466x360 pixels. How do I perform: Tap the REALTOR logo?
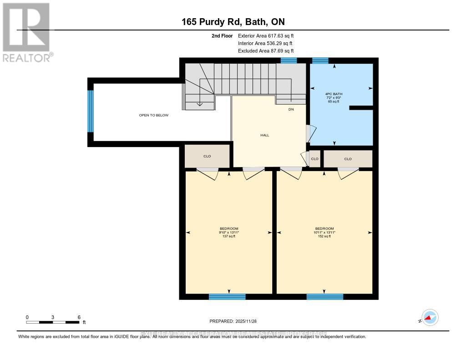click(27, 32)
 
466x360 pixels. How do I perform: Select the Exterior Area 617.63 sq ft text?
click(266, 35)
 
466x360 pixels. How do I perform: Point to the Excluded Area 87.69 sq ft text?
click(266, 51)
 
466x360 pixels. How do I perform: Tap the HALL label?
click(265, 135)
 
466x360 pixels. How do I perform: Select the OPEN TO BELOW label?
click(154, 115)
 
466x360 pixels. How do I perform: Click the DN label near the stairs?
click(291, 109)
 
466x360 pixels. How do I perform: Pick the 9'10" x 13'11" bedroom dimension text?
click(229, 232)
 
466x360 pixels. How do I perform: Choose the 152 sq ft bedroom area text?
click(324, 236)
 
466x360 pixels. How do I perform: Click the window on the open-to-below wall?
click(91, 111)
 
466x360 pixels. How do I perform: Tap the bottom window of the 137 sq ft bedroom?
click(227, 297)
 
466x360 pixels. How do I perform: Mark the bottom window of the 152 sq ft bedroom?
click(324, 297)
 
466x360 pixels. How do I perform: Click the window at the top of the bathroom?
click(320, 60)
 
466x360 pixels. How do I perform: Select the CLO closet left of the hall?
click(207, 156)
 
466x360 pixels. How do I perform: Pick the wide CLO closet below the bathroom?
click(348, 159)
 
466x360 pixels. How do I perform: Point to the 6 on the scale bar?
click(79, 317)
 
